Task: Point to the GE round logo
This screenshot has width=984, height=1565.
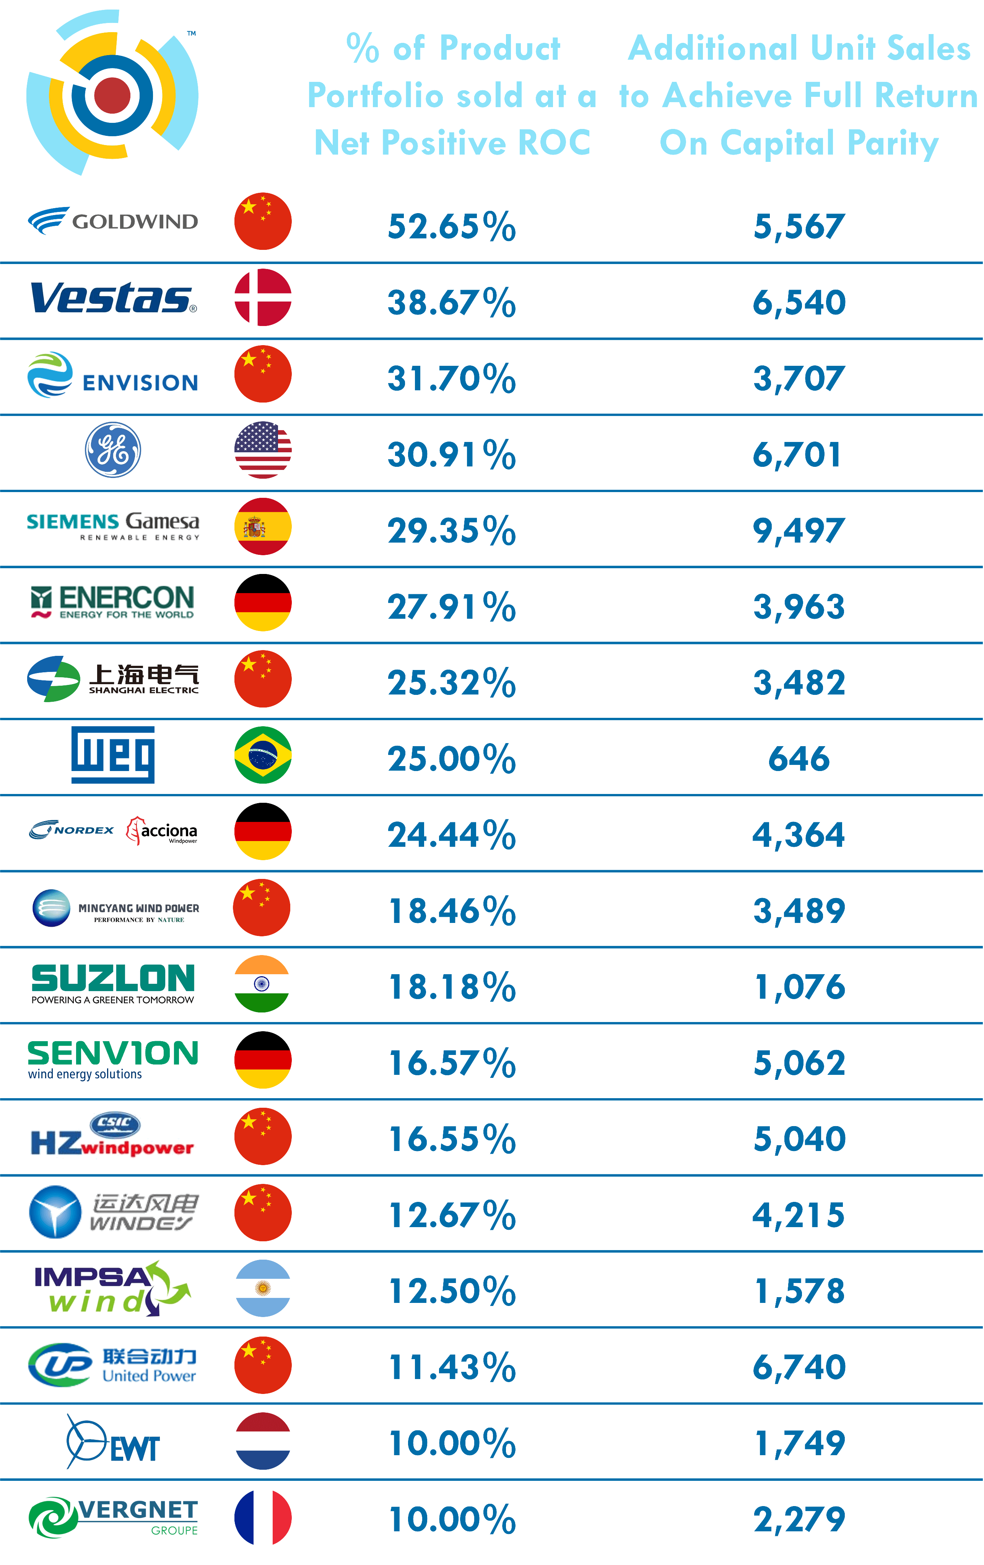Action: pyautogui.click(x=113, y=450)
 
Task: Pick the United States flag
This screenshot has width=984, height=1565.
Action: pyautogui.click(x=262, y=450)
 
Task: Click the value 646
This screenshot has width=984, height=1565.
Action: pyautogui.click(x=799, y=758)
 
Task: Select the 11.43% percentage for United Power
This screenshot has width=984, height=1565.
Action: pyautogui.click(x=451, y=1367)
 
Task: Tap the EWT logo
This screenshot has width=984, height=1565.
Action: pyautogui.click(x=113, y=1441)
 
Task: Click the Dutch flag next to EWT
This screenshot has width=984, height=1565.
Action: pyautogui.click(x=262, y=1441)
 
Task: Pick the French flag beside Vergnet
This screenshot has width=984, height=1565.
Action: pyautogui.click(x=262, y=1518)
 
